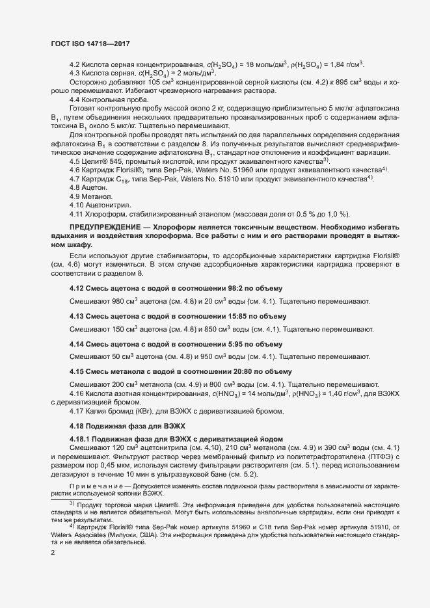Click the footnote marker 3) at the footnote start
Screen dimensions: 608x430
72,522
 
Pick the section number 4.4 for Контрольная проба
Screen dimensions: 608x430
74,99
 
